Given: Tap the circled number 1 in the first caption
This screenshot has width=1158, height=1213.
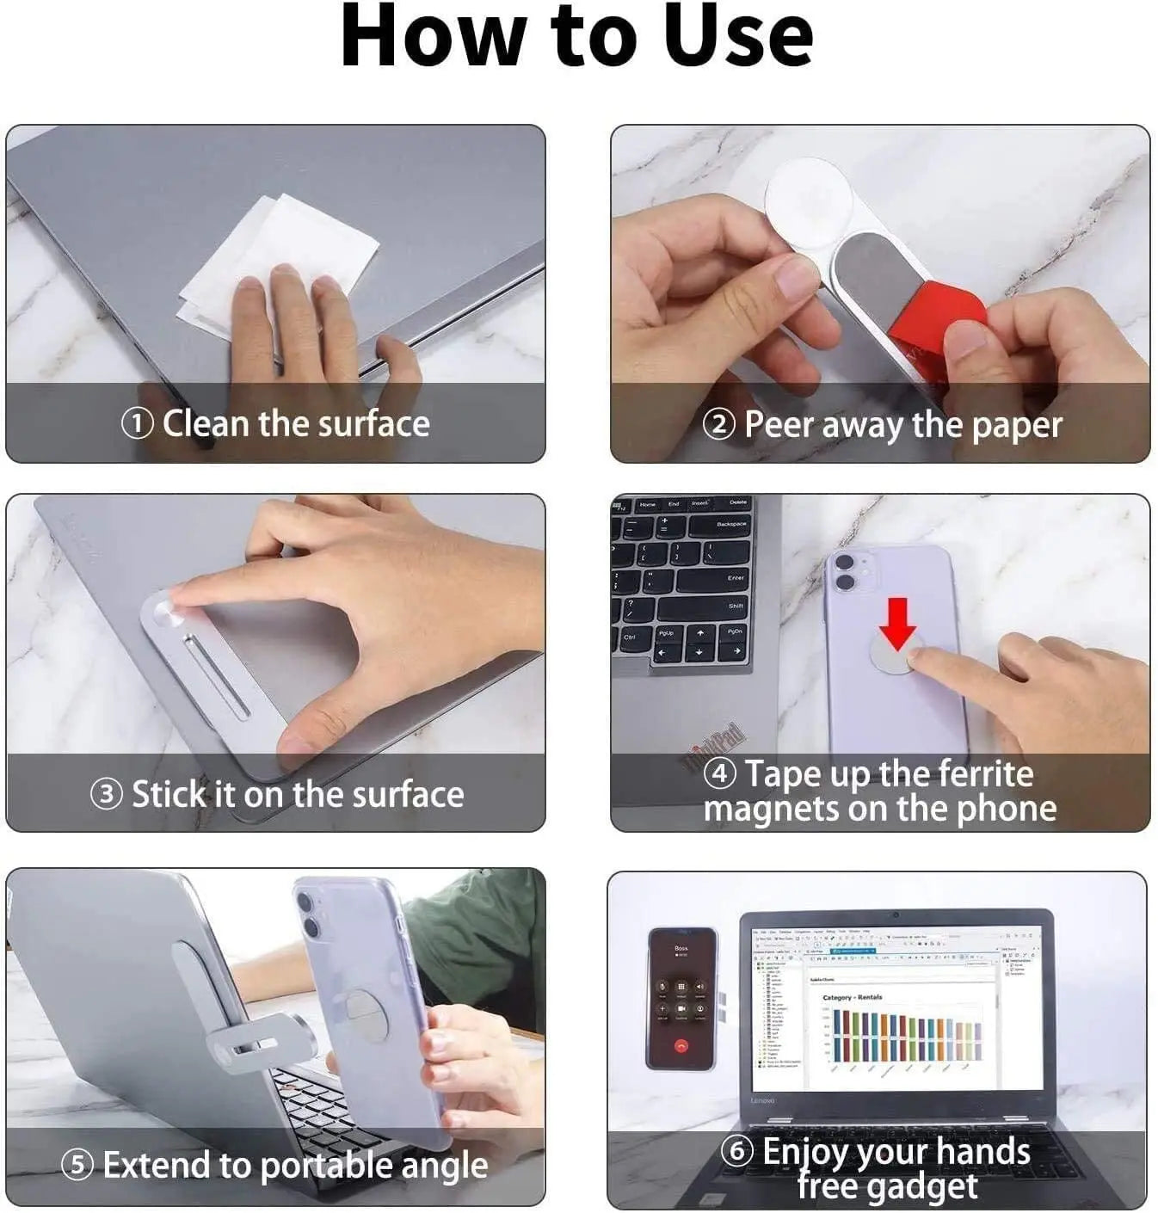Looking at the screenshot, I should point(138,423).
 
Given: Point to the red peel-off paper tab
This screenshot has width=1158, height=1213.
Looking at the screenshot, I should point(938,318).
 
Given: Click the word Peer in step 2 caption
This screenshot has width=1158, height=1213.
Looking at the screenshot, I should point(780,424).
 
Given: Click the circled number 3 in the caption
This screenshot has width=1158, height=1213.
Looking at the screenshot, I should point(107,793).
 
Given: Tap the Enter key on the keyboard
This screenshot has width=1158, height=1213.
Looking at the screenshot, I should point(734,577).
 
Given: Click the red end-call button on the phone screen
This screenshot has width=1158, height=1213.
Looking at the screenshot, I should point(681,1046).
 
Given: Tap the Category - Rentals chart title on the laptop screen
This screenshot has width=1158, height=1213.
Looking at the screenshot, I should point(852,997).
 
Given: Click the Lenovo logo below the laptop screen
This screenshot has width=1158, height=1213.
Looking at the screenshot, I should point(762,1100).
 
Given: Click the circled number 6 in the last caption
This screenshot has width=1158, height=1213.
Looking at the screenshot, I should point(736,1151).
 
